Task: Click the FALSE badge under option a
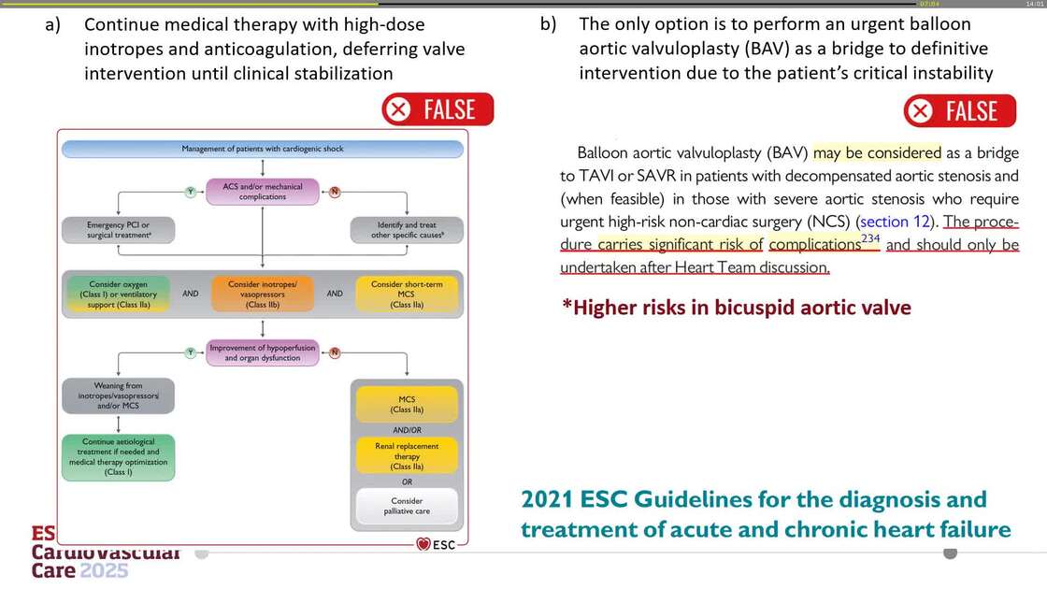click(x=437, y=110)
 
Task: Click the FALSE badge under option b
click(x=959, y=111)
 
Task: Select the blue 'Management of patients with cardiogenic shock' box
click(x=262, y=150)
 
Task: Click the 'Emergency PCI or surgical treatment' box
click(x=118, y=230)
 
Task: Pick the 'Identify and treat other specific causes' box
click(x=406, y=230)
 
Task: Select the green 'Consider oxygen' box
click(x=117, y=293)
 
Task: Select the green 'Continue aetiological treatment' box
click(x=118, y=456)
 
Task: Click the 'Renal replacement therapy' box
click(x=407, y=457)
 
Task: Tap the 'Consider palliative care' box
click(x=407, y=506)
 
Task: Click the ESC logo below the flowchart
click(x=436, y=544)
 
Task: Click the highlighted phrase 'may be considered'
click(x=877, y=152)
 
